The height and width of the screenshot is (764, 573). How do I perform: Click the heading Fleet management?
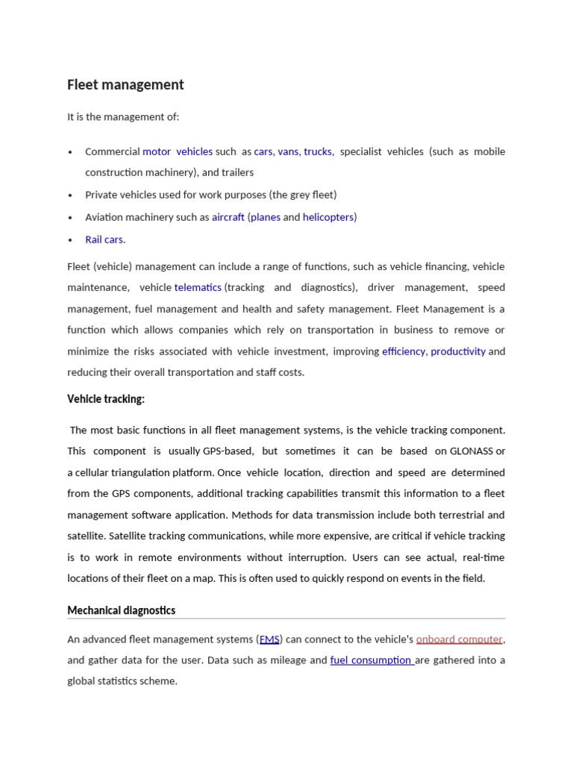point(125,85)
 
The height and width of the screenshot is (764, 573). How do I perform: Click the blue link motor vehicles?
point(178,151)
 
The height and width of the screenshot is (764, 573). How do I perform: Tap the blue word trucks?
point(318,151)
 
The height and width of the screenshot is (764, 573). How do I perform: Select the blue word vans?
point(288,151)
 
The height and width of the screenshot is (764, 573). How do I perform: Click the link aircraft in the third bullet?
point(228,217)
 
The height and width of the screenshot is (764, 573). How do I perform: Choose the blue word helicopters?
point(328,217)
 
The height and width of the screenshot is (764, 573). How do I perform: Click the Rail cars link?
point(104,239)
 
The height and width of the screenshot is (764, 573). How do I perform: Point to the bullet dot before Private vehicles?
point(70,195)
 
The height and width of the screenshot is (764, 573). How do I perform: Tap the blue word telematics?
point(198,287)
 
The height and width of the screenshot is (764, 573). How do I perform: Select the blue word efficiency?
point(403,351)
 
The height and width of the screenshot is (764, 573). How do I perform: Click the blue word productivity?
point(458,351)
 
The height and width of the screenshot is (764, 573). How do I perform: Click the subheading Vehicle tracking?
point(106,399)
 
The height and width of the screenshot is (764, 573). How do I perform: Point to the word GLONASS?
point(472,451)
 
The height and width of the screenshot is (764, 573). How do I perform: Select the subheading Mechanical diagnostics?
point(122,610)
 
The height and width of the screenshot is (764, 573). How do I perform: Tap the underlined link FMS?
point(269,639)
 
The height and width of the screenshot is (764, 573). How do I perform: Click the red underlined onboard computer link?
point(459,639)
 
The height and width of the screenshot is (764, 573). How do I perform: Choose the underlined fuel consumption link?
point(371,660)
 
